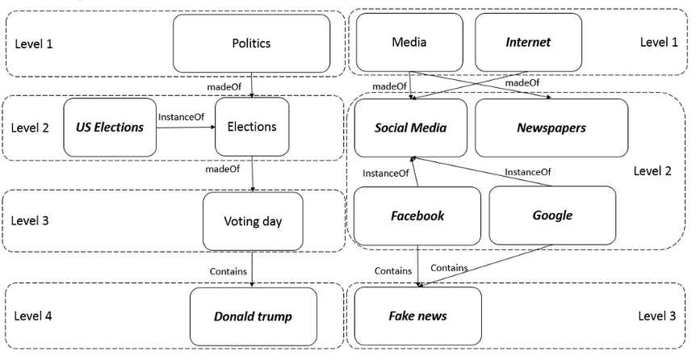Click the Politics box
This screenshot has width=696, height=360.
pos(251,44)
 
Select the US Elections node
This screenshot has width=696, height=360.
pos(110,128)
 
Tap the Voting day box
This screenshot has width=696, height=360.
pos(253,220)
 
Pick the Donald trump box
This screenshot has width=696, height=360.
pos(253,316)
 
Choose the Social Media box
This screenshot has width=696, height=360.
pos(410,128)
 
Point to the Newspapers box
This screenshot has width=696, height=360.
pos(551,128)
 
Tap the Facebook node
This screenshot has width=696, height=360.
pos(417,216)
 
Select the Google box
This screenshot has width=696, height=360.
pos(552,216)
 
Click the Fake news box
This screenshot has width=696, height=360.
pos(417,316)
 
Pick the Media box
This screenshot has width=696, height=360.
pos(409,42)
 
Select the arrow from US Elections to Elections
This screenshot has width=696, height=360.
pos(185,128)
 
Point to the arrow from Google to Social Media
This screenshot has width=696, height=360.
pos(484,171)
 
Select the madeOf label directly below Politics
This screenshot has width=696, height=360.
pos(224,85)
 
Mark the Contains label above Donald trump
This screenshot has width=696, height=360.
pos(228,271)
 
